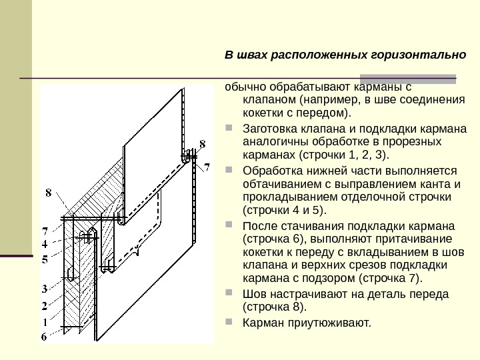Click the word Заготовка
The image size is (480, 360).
tap(271, 129)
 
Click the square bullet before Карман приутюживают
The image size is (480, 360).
tap(229, 323)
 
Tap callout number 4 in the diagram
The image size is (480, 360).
tap(45, 245)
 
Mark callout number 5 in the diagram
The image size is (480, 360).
tap(45, 260)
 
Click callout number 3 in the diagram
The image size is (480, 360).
tap(45, 289)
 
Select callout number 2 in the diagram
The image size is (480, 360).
tap(45, 306)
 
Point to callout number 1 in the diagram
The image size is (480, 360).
tap(45, 322)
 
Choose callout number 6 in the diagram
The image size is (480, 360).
tap(45, 337)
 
